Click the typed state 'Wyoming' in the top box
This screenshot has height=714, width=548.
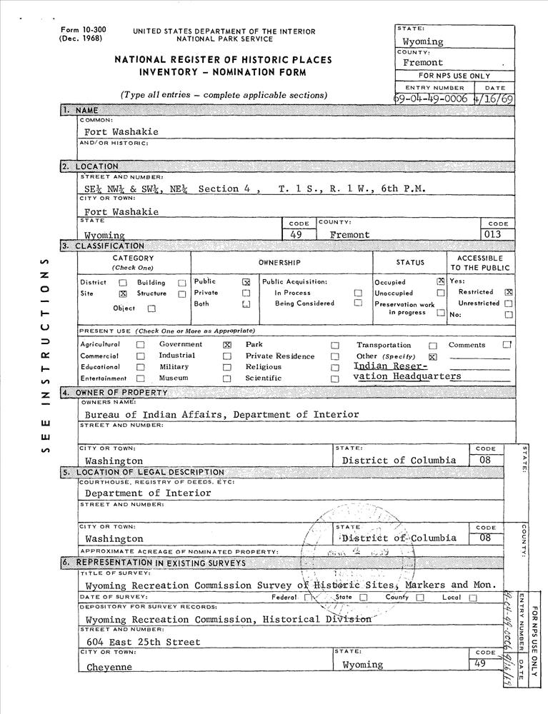point(422,42)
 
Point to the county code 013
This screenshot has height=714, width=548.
point(492,234)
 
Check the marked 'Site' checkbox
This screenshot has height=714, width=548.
point(122,293)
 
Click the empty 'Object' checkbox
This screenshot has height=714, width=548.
point(151,309)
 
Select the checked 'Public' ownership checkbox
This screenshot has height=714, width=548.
point(246,282)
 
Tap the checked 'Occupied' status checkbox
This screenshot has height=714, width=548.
point(441,282)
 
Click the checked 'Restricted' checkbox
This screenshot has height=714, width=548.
point(509,292)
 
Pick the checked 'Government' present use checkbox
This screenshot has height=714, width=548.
point(227,345)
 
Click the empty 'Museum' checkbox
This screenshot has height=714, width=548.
point(227,378)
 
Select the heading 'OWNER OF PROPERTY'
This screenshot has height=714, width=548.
point(122,393)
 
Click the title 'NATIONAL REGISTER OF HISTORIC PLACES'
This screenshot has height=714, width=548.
point(223,61)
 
